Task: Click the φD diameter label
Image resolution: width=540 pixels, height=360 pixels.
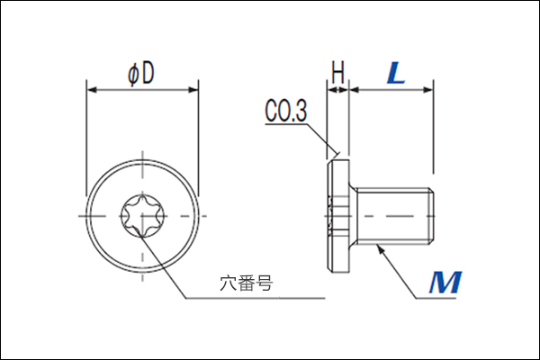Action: click(141, 74)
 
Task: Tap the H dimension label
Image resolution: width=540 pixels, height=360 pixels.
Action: click(337, 72)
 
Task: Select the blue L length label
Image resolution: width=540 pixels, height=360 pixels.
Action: click(396, 73)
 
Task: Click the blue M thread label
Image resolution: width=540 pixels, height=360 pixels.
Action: click(445, 283)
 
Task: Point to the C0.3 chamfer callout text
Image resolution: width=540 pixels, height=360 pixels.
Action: click(286, 110)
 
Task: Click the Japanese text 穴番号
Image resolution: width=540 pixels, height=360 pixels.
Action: click(247, 283)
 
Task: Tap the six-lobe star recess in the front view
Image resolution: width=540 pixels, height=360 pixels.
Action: click(142, 216)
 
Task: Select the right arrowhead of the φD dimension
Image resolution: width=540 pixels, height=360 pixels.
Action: click(193, 90)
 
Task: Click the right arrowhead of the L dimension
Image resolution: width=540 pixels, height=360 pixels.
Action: click(428, 90)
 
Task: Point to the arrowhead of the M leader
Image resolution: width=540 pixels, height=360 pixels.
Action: click(380, 248)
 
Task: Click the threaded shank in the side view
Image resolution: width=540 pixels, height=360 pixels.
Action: click(394, 216)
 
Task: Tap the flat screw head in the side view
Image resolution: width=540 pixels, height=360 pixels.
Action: click(337, 216)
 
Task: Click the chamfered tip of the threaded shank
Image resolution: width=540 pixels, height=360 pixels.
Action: click(431, 216)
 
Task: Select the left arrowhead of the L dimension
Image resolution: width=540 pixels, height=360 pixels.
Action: click(355, 90)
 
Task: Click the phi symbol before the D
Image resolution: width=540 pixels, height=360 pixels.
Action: click(133, 75)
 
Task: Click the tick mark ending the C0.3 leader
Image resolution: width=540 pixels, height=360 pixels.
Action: click(337, 153)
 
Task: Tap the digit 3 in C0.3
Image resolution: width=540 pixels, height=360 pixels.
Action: click(301, 111)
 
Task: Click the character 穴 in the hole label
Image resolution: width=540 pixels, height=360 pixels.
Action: click(229, 283)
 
